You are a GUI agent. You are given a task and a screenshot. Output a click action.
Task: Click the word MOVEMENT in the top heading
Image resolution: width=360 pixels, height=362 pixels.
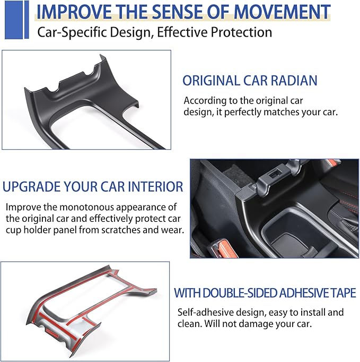[282, 12]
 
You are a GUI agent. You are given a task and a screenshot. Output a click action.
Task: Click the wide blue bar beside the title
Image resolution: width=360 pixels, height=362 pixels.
[14, 20]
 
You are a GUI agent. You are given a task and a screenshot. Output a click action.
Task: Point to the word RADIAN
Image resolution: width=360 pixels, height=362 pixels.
[294, 81]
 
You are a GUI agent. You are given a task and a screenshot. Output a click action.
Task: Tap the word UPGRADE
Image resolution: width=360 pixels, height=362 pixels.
[32, 186]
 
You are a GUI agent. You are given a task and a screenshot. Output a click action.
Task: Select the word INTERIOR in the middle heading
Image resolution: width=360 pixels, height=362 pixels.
[155, 186]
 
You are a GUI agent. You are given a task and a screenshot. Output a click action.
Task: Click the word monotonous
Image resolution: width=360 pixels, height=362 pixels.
[87, 207]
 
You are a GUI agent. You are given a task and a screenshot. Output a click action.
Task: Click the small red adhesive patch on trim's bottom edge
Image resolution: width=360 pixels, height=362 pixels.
[51, 332]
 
